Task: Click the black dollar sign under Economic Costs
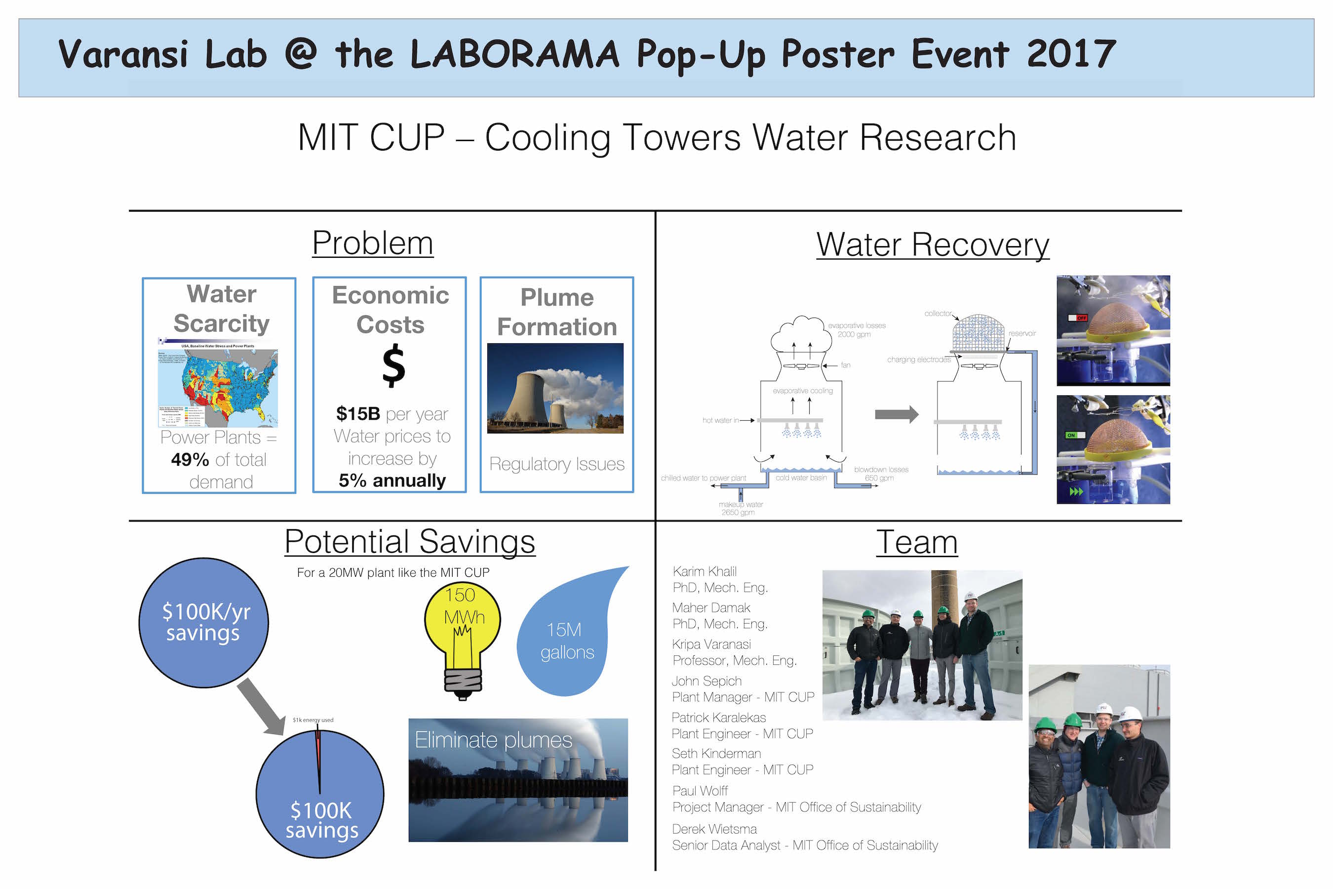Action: pyautogui.click(x=393, y=367)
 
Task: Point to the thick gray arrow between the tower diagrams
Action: pyautogui.click(x=896, y=414)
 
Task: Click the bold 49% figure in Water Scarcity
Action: pyautogui.click(x=190, y=459)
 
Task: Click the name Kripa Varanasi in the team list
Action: pyautogui.click(x=711, y=644)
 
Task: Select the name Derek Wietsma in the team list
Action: pyautogui.click(x=714, y=829)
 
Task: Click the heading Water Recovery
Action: pyautogui.click(x=932, y=245)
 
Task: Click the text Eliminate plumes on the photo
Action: pyautogui.click(x=493, y=740)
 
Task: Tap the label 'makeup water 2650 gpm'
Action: pyautogui.click(x=740, y=508)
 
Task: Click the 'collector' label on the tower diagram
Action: pyautogui.click(x=938, y=314)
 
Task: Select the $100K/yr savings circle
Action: pyautogui.click(x=204, y=622)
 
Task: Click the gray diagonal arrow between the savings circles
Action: pyautogui.click(x=261, y=706)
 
